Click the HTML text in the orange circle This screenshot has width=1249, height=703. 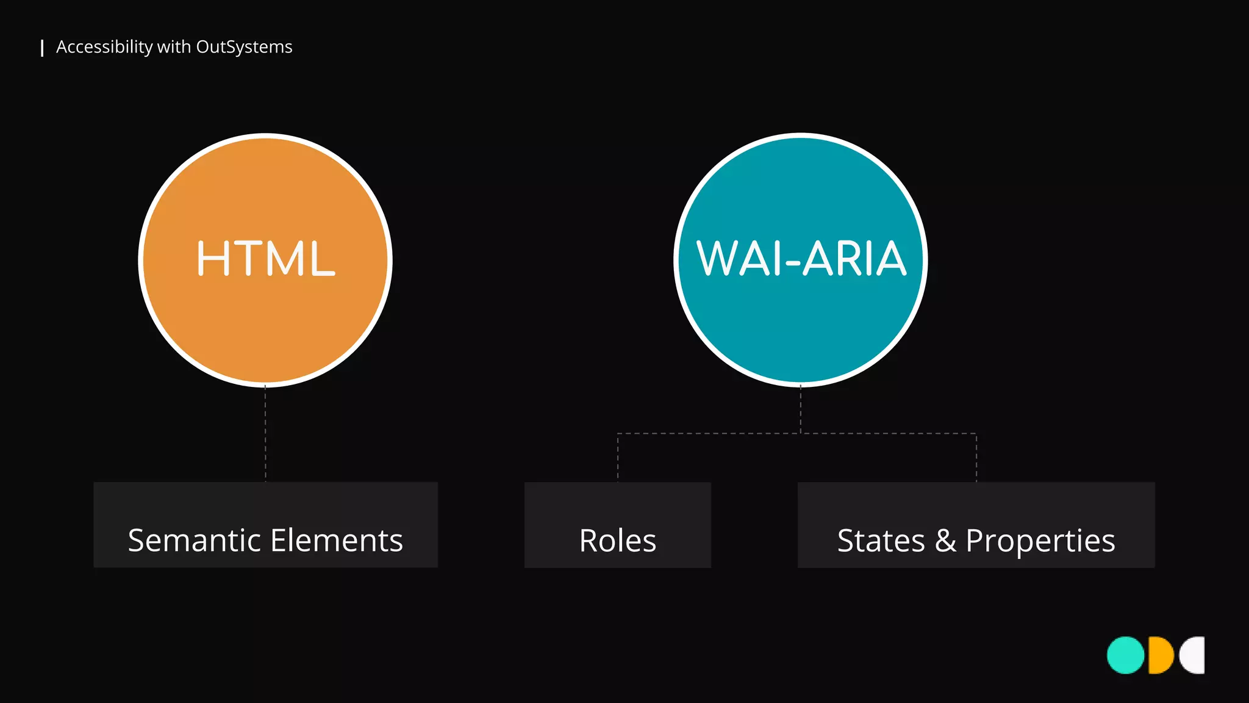tap(265, 259)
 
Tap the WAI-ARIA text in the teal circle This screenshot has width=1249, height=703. tap(801, 259)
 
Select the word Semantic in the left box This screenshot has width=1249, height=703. tap(195, 541)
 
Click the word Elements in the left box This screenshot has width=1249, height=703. tap(337, 541)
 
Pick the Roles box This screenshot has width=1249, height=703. tap(617, 525)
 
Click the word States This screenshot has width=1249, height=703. tap(881, 541)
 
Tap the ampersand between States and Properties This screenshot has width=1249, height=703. tap(945, 541)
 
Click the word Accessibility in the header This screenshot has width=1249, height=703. tap(104, 47)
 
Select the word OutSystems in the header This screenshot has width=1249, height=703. tap(244, 47)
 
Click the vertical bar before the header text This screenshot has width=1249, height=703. tap(42, 48)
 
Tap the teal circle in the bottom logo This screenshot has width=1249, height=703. tap(1125, 655)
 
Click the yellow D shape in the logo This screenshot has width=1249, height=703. tap(1160, 655)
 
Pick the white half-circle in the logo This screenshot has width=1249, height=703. tap(1194, 655)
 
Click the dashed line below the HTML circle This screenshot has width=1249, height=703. tap(265, 433)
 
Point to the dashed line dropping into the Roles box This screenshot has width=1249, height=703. tap(618, 458)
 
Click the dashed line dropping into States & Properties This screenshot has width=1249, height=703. tap(976, 458)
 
